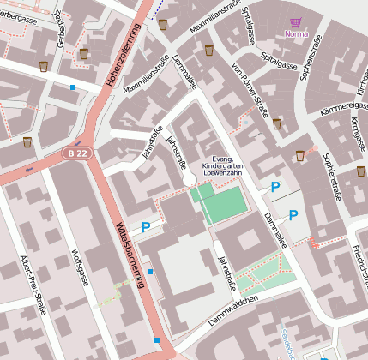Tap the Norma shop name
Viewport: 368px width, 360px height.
click(x=295, y=34)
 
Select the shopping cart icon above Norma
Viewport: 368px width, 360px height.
click(x=296, y=23)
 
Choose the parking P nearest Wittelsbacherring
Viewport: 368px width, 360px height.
click(x=146, y=227)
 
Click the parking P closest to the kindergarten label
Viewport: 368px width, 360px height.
click(x=274, y=186)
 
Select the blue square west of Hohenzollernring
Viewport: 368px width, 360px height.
click(x=73, y=87)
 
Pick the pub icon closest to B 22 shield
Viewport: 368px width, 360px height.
click(x=27, y=141)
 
